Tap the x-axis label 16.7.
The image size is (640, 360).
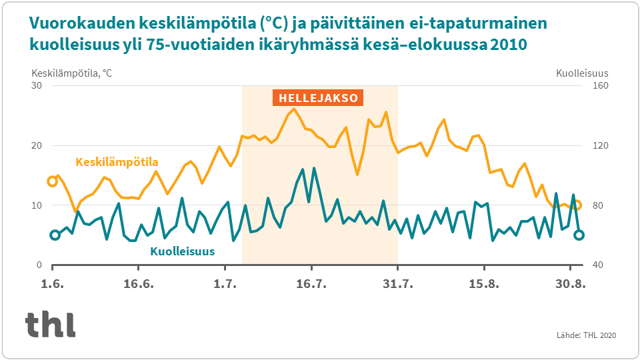point(311,284)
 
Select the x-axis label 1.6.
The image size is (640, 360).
point(52,284)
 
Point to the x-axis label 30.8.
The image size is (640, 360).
point(571,284)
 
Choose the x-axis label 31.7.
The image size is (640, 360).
point(397,284)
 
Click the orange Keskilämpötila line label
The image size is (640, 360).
point(117,162)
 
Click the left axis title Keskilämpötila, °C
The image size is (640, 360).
point(71,73)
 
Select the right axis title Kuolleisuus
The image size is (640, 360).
point(582,73)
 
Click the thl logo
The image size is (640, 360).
point(50,324)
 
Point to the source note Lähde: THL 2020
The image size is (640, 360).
point(586,335)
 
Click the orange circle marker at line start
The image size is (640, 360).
point(53,181)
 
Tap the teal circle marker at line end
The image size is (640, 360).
point(579,235)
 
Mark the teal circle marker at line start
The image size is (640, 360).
point(55,235)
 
